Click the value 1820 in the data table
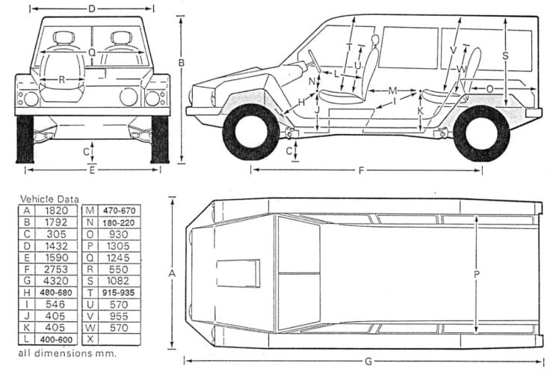[56, 210]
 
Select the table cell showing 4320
[56, 281]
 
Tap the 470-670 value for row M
[120, 211]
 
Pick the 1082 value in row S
[118, 281]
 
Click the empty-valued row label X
[90, 339]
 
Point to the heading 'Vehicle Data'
[49, 199]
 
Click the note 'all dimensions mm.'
[67, 353]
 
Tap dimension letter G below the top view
[368, 362]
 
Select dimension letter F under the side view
[361, 171]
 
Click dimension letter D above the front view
[92, 8]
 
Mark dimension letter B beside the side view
[181, 63]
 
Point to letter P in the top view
[477, 274]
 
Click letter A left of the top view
[172, 273]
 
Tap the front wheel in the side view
[251, 132]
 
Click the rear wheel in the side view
[482, 133]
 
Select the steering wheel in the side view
[314, 61]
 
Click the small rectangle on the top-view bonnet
[238, 273]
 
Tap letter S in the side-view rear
[505, 56]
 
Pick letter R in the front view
[62, 80]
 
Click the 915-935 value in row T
[118, 293]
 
